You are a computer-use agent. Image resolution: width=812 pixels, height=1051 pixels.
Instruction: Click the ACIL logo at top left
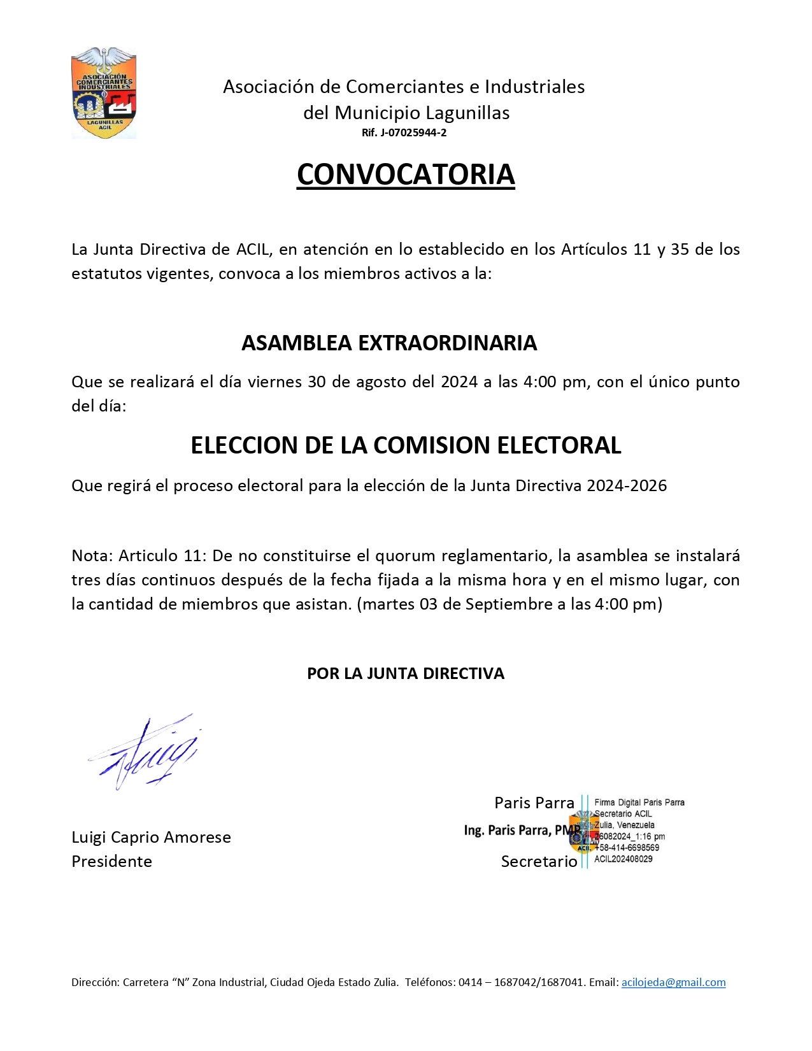pyautogui.click(x=104, y=93)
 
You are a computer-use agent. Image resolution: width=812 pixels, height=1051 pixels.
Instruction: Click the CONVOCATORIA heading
pyautogui.click(x=406, y=175)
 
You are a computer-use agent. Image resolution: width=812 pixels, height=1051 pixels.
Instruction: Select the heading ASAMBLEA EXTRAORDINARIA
pyautogui.click(x=389, y=343)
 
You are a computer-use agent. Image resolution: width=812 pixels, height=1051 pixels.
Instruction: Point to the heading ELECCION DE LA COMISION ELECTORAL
pyautogui.click(x=406, y=445)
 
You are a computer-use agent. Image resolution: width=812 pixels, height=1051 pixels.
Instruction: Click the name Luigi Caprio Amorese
pyautogui.click(x=151, y=837)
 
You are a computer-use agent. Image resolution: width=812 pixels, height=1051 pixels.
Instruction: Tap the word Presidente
pyautogui.click(x=111, y=861)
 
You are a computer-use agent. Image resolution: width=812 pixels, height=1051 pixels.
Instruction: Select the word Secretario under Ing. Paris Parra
pyautogui.click(x=539, y=861)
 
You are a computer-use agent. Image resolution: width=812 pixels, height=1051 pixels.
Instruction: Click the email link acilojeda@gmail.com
pyautogui.click(x=673, y=982)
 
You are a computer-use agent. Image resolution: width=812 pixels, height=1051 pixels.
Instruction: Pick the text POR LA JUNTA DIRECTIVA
pyautogui.click(x=406, y=673)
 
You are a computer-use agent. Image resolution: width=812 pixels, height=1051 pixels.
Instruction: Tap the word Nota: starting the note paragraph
pyautogui.click(x=92, y=555)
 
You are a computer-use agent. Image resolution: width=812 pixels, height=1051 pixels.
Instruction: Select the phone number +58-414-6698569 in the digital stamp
pyautogui.click(x=627, y=848)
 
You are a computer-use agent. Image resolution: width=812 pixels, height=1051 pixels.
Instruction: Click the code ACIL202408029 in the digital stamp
pyautogui.click(x=623, y=859)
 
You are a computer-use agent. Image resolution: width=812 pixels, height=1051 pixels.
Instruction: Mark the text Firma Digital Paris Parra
pyautogui.click(x=639, y=803)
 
